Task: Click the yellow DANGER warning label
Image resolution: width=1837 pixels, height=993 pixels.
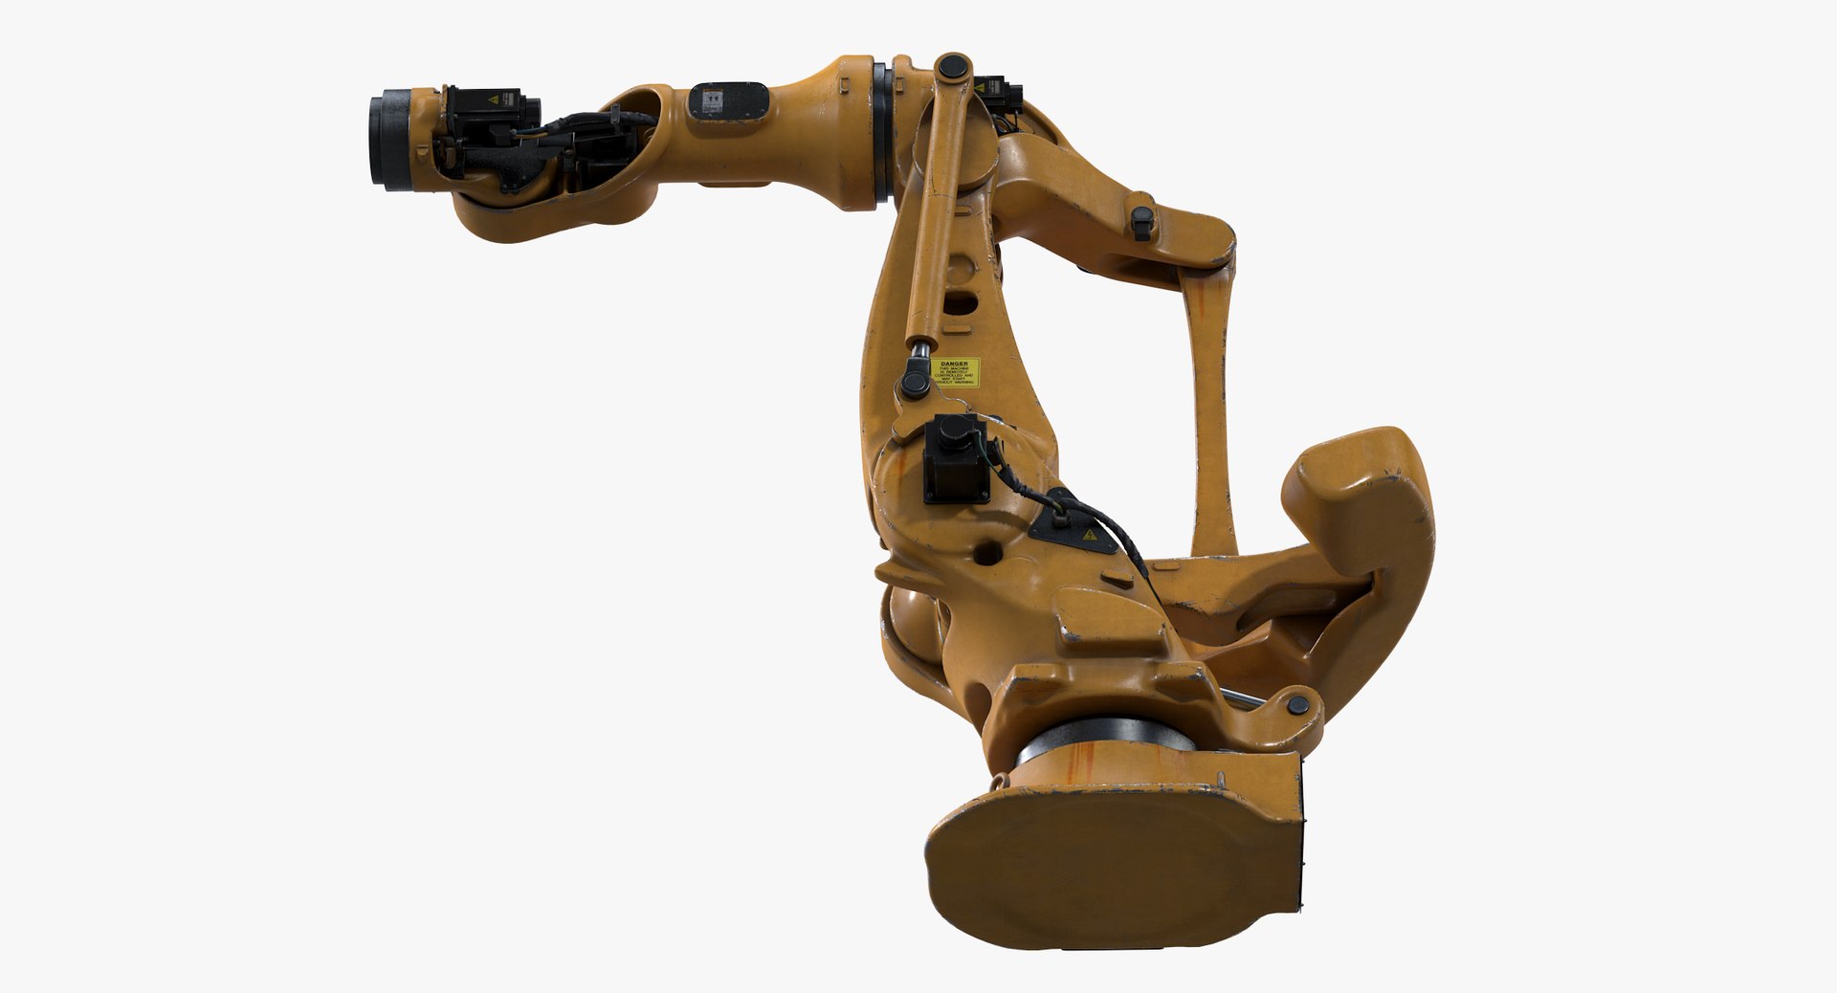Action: click(x=956, y=372)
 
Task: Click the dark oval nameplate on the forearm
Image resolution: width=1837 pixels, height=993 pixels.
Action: click(x=728, y=100)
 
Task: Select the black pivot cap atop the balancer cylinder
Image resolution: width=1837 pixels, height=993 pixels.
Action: click(x=950, y=68)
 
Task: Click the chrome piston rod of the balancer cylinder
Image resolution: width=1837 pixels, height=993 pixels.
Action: click(x=919, y=358)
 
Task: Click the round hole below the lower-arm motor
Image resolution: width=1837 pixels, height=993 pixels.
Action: click(x=990, y=552)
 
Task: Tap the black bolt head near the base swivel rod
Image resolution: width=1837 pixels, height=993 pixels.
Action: click(x=1297, y=706)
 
